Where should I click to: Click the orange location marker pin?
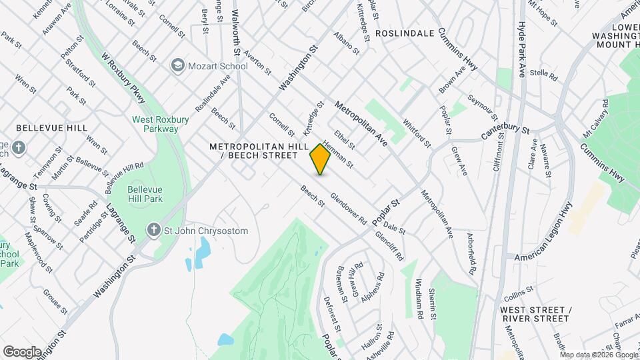click(x=320, y=159)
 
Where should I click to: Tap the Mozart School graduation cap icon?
click(x=178, y=65)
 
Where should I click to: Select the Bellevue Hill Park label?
click(x=145, y=194)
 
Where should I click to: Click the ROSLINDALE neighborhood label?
click(x=405, y=33)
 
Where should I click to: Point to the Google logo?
click(x=22, y=351)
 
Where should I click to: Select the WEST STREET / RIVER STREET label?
click(x=535, y=314)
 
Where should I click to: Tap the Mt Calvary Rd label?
click(x=596, y=119)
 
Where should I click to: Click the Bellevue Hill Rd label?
click(x=125, y=174)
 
